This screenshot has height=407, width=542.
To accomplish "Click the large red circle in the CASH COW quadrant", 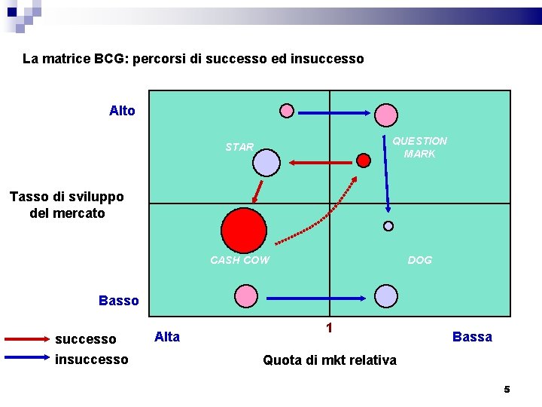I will (x=245, y=231).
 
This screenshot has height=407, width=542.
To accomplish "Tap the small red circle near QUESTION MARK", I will (x=364, y=160).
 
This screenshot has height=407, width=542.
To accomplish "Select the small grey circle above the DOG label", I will (x=388, y=225).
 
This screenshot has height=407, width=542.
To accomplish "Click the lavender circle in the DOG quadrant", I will (x=386, y=296).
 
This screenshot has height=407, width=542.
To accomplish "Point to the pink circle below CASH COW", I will (x=245, y=296).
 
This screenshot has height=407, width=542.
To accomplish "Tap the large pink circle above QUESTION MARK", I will (x=386, y=115).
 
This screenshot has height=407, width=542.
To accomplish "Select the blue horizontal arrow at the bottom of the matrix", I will (x=316, y=298).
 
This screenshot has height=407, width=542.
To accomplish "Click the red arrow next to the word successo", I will (x=27, y=340).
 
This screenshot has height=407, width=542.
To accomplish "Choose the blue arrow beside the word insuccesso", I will (x=27, y=359).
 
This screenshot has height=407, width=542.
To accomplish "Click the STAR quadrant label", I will (x=239, y=147).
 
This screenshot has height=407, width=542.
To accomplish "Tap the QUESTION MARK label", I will (x=419, y=147).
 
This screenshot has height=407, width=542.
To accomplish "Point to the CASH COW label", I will (x=239, y=260).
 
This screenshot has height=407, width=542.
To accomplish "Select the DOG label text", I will (x=419, y=260).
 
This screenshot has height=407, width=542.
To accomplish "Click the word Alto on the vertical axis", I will (x=122, y=111).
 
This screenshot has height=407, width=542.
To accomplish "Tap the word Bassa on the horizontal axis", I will (x=472, y=337).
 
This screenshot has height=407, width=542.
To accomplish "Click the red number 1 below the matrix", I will (x=329, y=328).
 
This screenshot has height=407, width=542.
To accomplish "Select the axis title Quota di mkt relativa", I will (x=329, y=360).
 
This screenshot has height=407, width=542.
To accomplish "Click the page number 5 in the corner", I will (x=507, y=389).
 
